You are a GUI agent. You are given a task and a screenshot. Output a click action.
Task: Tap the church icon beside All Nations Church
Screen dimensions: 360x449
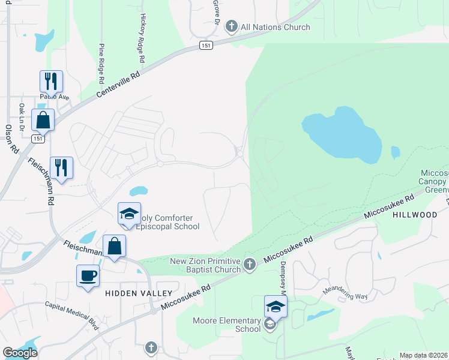point(232,27)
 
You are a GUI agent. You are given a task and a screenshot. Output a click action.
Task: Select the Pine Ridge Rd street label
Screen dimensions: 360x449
point(101,63)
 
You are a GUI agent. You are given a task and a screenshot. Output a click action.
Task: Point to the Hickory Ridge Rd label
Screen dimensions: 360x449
point(143,39)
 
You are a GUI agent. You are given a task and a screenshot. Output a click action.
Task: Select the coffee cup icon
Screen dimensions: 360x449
point(88,276)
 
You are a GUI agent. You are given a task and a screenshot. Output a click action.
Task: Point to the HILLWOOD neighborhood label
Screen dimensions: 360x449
point(415,215)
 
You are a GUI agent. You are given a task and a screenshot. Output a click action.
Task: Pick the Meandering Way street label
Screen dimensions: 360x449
point(345,293)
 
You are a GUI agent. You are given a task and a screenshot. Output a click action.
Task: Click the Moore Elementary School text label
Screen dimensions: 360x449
point(226,325)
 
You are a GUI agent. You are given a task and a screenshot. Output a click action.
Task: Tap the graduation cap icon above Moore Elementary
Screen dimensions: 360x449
point(276,307)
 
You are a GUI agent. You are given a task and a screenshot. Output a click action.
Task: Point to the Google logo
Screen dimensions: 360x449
point(20,353)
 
